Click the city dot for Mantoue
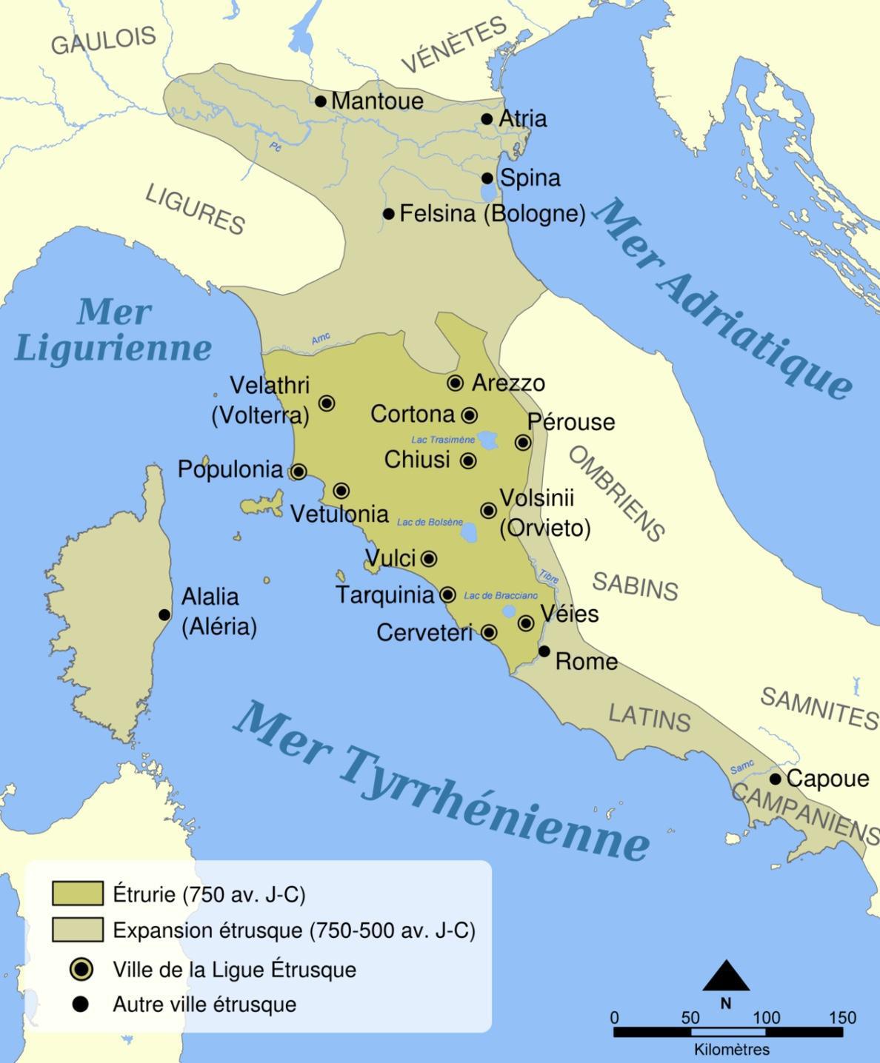pos(321,101)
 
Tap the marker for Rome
pos(544,651)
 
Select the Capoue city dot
pos(776,779)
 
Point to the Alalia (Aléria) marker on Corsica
pos(164,615)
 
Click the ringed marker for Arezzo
pos(456,383)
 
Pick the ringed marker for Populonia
pos(299,472)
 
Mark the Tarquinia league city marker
pos(447,594)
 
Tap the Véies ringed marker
pos(526,623)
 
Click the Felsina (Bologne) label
pos(493,214)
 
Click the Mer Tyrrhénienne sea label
pos(441,782)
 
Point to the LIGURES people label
pos(195,209)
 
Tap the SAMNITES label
pos(819,708)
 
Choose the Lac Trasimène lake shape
pos(488,440)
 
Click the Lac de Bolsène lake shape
pos(469,532)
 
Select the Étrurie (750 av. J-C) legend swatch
pos(77,893)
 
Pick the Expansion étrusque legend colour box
pos(77,930)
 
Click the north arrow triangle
pos(726,977)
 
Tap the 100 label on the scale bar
pos(767,1018)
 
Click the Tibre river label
pos(548,577)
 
